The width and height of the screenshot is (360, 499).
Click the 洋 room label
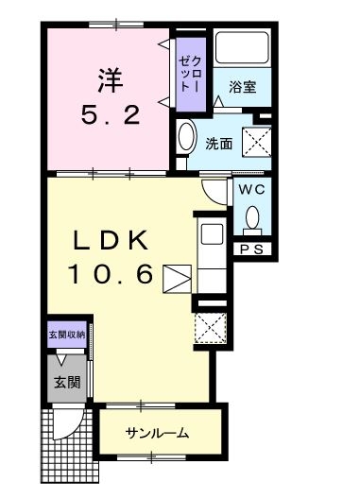111,81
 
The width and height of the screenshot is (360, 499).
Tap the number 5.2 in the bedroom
111,115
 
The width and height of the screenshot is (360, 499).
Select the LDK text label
111,240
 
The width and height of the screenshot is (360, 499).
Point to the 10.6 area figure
111,274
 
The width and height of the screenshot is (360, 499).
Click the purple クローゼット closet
191,75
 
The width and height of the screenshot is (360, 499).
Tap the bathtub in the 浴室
242,47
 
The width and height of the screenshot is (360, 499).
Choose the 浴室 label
243,86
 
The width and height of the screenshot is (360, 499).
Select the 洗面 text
218,145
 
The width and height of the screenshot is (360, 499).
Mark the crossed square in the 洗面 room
257,142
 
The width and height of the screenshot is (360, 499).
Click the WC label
251,190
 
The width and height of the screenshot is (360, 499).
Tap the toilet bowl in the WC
252,217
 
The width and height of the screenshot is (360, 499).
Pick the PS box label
251,249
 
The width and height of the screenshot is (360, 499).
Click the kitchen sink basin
212,234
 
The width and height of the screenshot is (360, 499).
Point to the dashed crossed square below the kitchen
211,328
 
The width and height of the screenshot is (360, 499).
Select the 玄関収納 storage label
67,335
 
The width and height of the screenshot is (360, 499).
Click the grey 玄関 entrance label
67,382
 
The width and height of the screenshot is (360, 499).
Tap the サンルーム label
157,433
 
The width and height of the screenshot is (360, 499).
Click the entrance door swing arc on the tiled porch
74,428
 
